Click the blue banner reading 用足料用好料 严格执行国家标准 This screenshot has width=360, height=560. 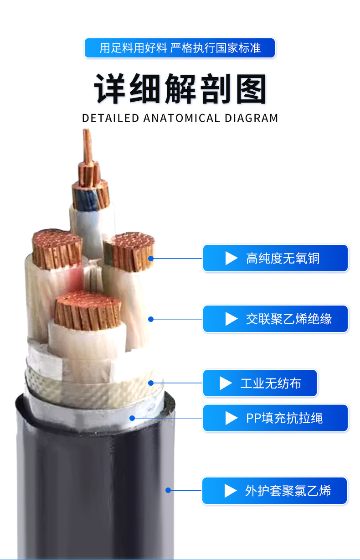click(x=180, y=48)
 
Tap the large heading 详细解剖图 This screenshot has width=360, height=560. click(x=180, y=88)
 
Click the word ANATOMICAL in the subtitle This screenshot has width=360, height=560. click(x=181, y=118)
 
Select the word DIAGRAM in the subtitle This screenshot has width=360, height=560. click(x=251, y=118)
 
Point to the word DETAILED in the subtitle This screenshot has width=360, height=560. click(x=110, y=118)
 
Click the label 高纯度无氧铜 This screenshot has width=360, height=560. click(x=275, y=258)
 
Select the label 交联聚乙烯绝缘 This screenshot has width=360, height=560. click(x=275, y=319)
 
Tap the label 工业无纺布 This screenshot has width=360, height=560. click(x=260, y=383)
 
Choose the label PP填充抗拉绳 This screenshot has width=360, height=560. click(x=275, y=418)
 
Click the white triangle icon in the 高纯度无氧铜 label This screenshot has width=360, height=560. click(x=231, y=258)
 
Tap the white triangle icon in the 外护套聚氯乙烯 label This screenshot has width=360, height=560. click(x=231, y=491)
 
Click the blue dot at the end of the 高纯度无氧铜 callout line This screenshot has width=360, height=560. click(x=151, y=258)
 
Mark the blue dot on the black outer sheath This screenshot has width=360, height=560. click(x=168, y=490)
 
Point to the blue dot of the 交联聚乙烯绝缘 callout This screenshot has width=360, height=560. click(x=151, y=319)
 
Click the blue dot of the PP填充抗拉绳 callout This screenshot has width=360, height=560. click(x=132, y=417)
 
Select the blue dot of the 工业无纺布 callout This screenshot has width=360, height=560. click(x=151, y=383)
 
